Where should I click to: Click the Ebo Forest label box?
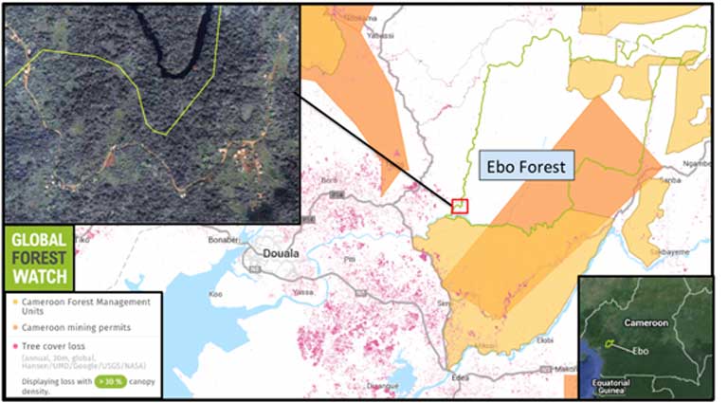pos(525,167)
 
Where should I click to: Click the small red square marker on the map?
pos(461,205)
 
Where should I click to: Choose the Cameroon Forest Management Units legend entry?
pos(84,306)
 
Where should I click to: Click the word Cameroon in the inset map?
pos(646,322)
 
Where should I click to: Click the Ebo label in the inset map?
pos(641,350)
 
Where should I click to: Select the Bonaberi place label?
pos(223,240)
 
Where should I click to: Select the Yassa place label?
pos(302,293)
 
